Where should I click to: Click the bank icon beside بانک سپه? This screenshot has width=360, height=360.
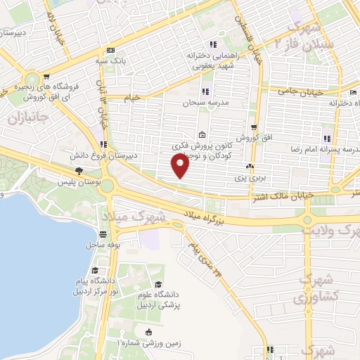pyautogui.click(x=110, y=51)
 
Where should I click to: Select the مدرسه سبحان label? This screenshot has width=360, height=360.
pyautogui.click(x=207, y=103)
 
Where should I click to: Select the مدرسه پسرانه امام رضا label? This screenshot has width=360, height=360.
pyautogui.click(x=326, y=150)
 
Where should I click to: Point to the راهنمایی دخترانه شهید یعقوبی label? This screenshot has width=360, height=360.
pyautogui.click(x=210, y=60)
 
